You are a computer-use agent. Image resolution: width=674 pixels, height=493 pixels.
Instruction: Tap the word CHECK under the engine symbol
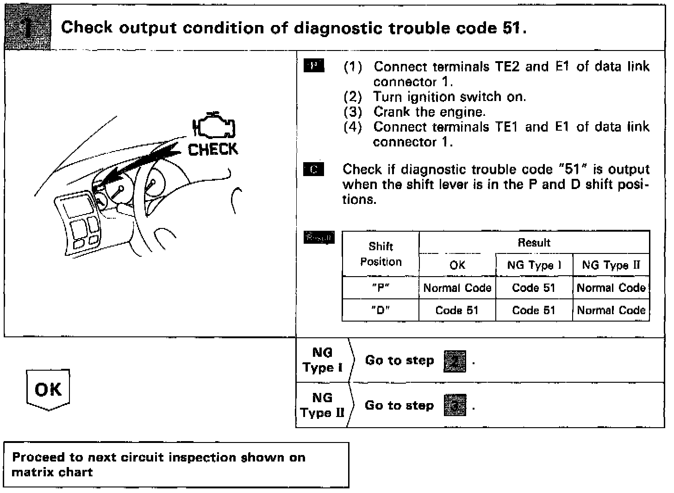[213, 149]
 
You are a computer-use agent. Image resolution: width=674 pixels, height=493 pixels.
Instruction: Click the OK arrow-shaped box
[48, 390]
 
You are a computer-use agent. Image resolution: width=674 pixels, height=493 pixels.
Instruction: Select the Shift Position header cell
[381, 254]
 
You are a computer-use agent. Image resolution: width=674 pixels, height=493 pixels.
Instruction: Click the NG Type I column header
[534, 265]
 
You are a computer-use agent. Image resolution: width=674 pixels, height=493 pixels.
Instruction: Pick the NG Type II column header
[611, 265]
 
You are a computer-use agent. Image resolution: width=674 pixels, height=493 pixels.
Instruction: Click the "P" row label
[381, 288]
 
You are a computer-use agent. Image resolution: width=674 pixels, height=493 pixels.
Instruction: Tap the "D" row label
[381, 310]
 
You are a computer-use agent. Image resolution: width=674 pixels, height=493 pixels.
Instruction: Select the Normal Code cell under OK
[457, 288]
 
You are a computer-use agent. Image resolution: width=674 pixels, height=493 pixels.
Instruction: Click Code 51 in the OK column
[457, 310]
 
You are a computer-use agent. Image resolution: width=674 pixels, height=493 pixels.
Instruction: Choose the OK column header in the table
[457, 265]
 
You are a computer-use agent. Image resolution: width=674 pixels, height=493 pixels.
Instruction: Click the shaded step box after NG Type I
[455, 361]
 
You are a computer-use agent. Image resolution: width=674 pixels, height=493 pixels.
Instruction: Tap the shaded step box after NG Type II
[455, 406]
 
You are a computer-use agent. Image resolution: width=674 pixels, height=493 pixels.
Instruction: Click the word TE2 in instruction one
[508, 67]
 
